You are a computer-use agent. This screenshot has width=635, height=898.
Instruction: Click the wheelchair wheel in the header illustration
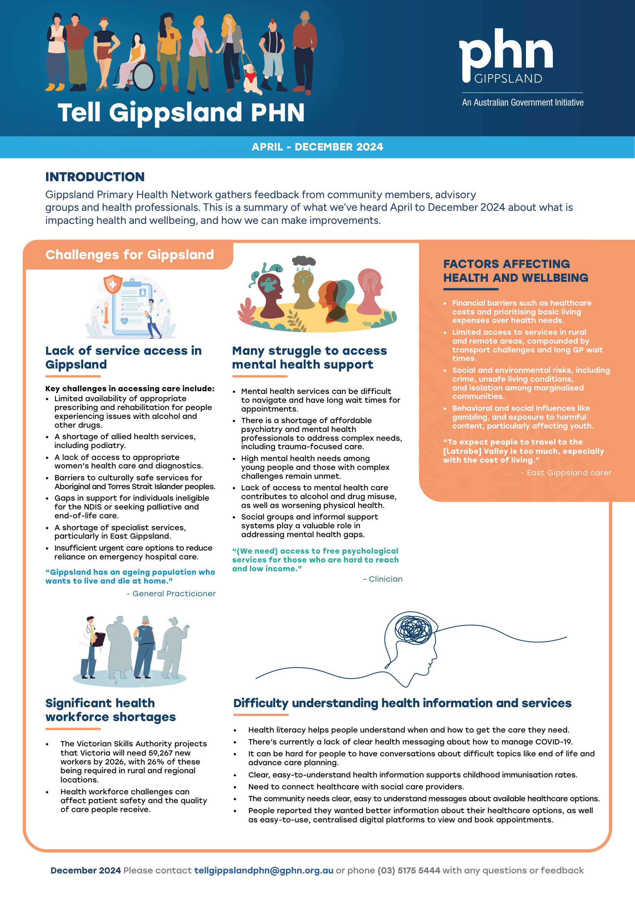click(x=144, y=76)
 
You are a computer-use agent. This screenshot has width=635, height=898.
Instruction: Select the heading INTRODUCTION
click(x=95, y=177)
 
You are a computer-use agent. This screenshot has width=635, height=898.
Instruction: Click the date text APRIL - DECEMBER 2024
click(x=317, y=147)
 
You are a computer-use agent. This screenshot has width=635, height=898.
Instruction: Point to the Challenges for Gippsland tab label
click(x=129, y=255)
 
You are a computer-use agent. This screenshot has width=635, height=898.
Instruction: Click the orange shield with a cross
click(x=112, y=284)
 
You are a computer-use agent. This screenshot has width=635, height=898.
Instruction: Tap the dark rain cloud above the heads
click(x=304, y=261)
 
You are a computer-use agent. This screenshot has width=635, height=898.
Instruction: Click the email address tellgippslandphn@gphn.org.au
click(x=263, y=870)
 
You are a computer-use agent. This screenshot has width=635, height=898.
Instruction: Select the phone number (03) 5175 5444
click(x=408, y=870)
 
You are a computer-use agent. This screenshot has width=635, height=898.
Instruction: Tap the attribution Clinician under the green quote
click(x=385, y=579)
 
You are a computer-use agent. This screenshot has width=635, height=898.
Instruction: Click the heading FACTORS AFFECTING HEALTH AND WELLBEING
click(x=515, y=271)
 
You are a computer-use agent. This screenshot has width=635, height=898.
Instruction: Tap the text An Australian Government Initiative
click(x=523, y=103)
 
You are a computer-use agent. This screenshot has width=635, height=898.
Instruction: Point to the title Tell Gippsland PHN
click(x=181, y=112)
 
